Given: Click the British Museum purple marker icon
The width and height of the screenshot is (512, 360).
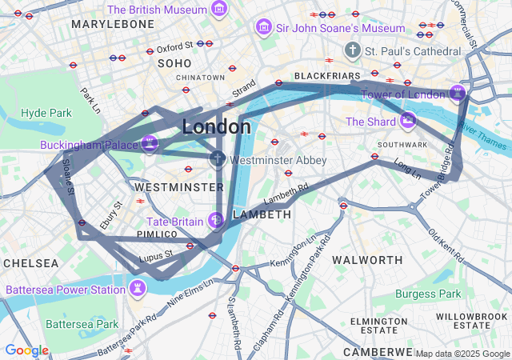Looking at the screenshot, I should pos(219,10).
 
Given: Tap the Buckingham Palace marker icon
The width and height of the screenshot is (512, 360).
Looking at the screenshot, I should pos(149,145).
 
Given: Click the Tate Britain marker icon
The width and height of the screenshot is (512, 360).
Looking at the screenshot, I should pos(214,220).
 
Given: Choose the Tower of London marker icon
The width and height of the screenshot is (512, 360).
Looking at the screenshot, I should pos(457,94).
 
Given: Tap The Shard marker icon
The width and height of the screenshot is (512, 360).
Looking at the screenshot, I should pos(408,122).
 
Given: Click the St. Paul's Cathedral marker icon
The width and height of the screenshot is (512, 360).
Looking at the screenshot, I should pos(352,50).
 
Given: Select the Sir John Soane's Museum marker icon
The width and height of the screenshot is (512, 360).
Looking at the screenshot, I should pos(262,28).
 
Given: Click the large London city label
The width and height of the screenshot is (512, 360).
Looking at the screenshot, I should pos(216,126).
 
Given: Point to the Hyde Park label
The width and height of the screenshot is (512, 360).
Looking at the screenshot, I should pos(46,113).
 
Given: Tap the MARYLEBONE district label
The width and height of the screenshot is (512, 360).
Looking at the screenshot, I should pos(112,25).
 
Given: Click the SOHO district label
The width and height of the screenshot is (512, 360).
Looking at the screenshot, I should pos(174,62).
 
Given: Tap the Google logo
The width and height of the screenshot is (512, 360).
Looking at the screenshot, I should pos(26,350).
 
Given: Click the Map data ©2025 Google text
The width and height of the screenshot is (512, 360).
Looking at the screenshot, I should pos(462,354).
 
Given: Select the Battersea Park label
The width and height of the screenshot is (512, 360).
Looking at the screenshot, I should pos(82,324).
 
